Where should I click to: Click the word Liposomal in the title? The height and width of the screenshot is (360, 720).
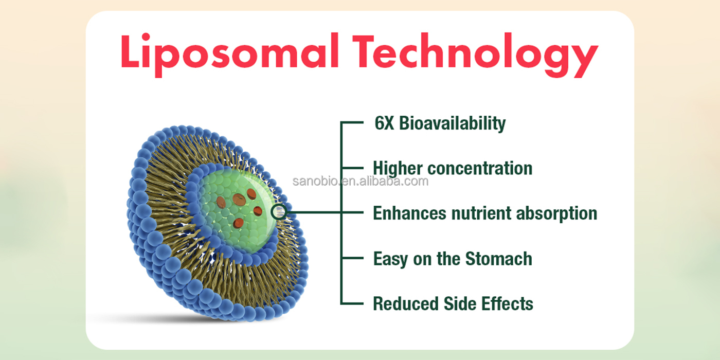(x=230, y=55)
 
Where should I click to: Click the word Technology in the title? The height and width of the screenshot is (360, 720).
(x=475, y=55)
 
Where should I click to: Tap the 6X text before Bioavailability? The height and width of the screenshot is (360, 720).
(x=384, y=123)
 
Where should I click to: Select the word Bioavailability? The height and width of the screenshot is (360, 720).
(x=452, y=124)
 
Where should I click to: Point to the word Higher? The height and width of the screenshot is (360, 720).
(x=398, y=169)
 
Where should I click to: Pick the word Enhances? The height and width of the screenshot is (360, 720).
(x=409, y=213)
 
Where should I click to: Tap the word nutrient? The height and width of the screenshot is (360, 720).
(x=481, y=213)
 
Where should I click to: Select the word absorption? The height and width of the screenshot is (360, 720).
(x=556, y=214)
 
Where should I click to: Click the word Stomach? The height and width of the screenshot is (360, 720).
(x=498, y=259)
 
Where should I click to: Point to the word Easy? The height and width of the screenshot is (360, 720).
(x=390, y=259)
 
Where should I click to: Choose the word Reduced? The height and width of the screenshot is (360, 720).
(x=406, y=304)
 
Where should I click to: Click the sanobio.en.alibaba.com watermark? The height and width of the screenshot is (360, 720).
(x=361, y=181)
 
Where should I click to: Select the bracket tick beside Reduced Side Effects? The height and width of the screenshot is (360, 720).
(x=352, y=303)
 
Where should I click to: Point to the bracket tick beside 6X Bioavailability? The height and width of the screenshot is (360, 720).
(x=352, y=122)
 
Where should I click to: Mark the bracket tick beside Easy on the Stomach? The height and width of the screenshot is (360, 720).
(x=352, y=258)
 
